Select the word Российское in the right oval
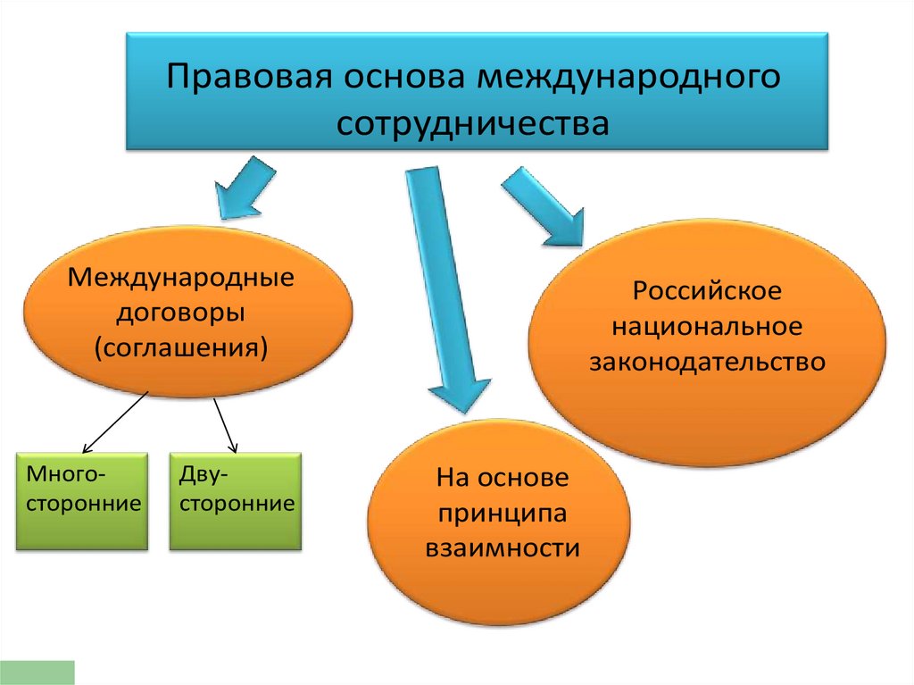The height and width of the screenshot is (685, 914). tap(708, 292)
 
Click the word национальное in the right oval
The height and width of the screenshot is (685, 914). tap(708, 327)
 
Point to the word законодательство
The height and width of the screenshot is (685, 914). tap(708, 362)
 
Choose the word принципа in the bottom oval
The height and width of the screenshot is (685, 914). tap(502, 513)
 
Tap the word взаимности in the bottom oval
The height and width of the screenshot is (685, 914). tap(502, 547)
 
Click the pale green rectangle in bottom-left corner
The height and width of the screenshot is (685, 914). tap(37, 672)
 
